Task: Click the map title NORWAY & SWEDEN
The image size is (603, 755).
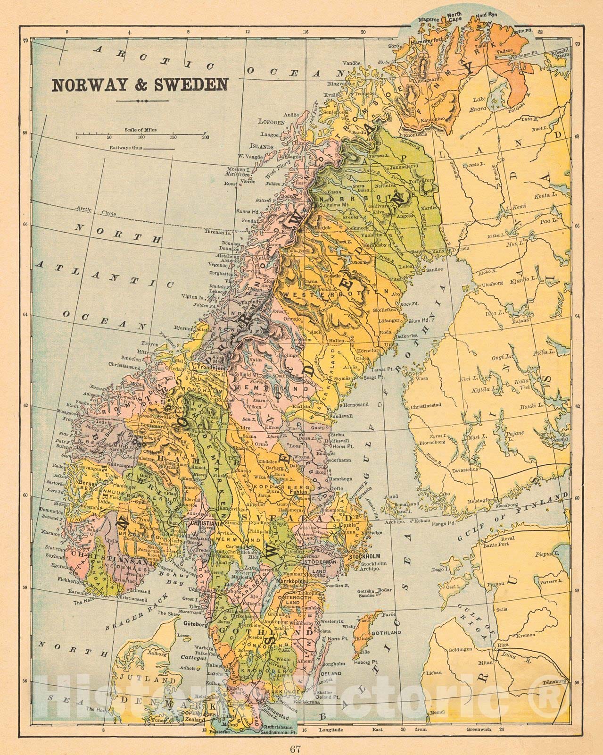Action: click(139, 84)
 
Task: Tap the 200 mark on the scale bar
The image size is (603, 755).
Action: click(205, 137)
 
